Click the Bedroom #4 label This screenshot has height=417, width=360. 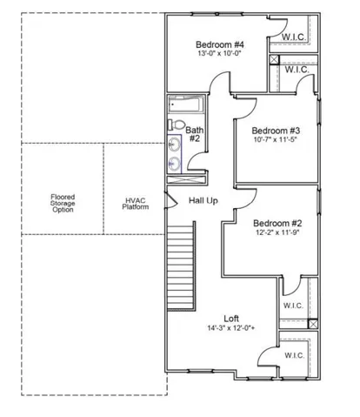[220, 44]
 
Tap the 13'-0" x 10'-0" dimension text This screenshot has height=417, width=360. [220, 53]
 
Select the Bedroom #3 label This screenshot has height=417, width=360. [276, 131]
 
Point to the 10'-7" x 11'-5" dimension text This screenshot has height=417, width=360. [276, 139]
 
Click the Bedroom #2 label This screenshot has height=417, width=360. [277, 224]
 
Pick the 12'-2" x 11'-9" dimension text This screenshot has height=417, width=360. [277, 232]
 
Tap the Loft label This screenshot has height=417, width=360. [231, 319]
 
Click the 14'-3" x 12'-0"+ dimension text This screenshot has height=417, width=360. [231, 328]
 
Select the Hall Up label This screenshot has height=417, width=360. [203, 200]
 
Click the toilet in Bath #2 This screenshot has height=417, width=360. [177, 124]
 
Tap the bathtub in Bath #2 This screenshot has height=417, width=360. [186, 104]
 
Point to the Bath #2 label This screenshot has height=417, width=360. [195, 134]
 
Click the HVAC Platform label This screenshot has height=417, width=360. [136, 204]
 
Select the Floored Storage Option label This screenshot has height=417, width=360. [63, 203]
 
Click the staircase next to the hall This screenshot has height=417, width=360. [181, 266]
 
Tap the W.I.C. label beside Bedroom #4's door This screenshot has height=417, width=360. [294, 37]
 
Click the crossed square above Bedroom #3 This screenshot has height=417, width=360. [274, 59]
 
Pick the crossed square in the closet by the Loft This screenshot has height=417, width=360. [313, 324]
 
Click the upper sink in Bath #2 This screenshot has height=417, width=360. [174, 144]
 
